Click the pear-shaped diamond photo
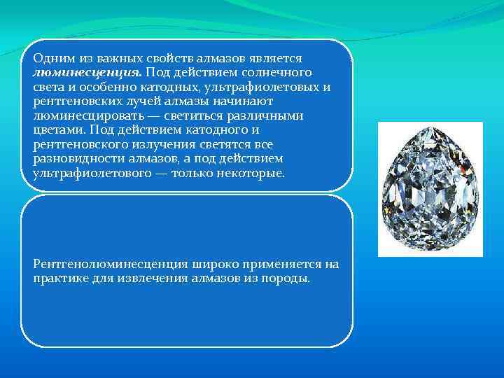(430, 189)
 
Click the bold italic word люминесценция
(87, 72)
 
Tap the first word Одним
(53, 58)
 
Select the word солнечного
(278, 72)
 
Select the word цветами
(56, 129)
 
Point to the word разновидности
(73, 158)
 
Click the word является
(276, 58)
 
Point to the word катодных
(172, 87)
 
